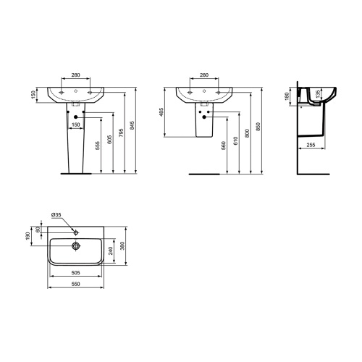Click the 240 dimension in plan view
(x=109, y=251)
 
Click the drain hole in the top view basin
(x=75, y=244)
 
